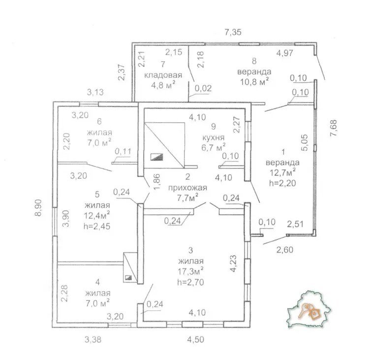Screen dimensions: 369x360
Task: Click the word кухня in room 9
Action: point(214,137)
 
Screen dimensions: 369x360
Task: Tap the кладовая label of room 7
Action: point(163,75)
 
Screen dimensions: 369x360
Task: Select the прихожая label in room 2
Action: point(187,188)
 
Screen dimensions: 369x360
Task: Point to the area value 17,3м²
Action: point(190,271)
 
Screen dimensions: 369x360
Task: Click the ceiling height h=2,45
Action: point(97,226)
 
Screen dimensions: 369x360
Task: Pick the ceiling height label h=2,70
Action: point(190,282)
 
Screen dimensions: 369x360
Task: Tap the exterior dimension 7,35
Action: point(233,32)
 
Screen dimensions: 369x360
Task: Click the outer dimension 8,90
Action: point(38,207)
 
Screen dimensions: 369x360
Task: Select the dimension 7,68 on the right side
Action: point(334,128)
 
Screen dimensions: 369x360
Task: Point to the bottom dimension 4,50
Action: point(195,339)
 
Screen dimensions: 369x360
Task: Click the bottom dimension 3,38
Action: point(92,339)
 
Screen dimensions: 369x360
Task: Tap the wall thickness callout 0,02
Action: point(203,88)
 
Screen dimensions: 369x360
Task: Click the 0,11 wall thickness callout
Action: point(123,152)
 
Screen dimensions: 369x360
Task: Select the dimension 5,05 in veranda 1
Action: point(304,142)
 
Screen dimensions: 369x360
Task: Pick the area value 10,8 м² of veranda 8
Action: point(254,82)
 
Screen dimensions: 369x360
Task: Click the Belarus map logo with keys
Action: point(308,310)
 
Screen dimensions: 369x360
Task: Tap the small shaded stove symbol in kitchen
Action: point(157,157)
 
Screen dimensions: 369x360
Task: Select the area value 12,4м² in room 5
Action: point(97,215)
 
